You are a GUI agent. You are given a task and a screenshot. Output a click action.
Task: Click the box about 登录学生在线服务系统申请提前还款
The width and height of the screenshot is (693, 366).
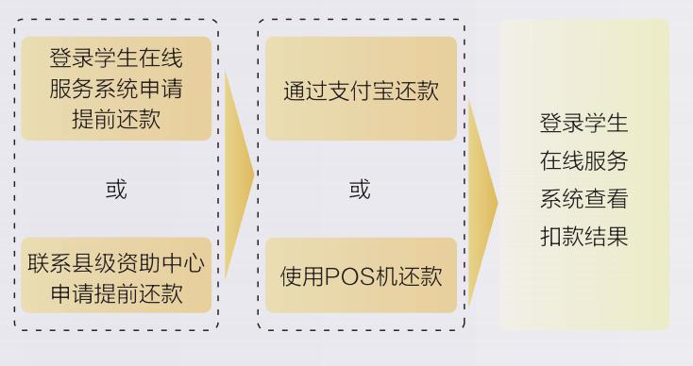point(116,89)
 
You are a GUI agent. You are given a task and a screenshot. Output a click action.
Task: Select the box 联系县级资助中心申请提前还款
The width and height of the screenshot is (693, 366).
point(116,275)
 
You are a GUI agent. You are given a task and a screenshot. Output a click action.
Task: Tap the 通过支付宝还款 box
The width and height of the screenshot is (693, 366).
point(361,90)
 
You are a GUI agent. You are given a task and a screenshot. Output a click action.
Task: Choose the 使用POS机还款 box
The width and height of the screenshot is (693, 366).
point(361,275)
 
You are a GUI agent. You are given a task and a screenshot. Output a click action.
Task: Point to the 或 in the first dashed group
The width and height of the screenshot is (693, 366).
point(115,189)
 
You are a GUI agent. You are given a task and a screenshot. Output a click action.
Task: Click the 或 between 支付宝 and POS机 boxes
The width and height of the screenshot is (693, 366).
point(360,189)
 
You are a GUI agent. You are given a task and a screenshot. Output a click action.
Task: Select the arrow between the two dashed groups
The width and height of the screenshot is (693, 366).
point(239,174)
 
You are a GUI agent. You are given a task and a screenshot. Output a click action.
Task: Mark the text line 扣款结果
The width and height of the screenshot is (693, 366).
point(583,236)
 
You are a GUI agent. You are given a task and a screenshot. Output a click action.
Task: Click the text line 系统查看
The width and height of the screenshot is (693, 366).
point(583,199)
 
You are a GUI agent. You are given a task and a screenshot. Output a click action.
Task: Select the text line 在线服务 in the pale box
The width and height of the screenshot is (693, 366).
point(583,161)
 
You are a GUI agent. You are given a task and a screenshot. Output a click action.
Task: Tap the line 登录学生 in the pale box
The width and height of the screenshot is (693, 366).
point(583,124)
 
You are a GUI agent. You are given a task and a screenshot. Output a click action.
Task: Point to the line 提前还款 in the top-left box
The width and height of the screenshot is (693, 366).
point(116,120)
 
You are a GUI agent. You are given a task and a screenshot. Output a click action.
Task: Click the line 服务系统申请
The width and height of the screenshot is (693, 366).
point(116,90)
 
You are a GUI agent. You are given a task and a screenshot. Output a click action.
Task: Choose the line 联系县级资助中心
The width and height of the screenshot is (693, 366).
point(116,260)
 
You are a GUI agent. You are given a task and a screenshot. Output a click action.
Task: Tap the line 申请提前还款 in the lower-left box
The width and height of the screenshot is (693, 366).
point(116,292)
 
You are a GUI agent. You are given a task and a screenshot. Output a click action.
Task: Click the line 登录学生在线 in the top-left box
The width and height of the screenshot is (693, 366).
point(116,58)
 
